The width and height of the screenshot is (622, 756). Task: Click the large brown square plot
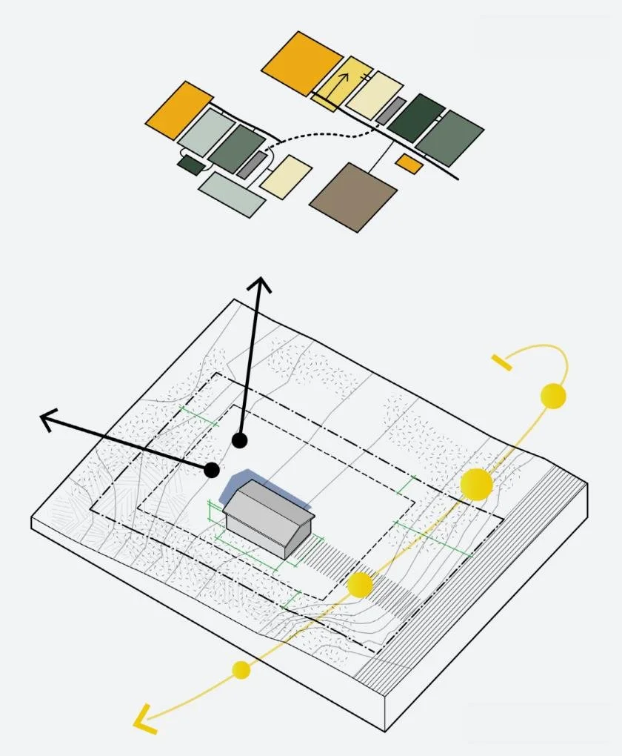(353, 197)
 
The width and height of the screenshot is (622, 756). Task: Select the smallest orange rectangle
(409, 164)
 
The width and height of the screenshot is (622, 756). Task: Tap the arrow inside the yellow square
(341, 83)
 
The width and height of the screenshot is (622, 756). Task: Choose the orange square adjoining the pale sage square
(179, 110)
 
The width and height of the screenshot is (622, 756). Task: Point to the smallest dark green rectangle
(190, 165)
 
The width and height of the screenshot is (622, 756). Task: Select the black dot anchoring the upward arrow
(239, 440)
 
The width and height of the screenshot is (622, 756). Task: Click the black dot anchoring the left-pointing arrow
(212, 469)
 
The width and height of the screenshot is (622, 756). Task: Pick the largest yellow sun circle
(476, 483)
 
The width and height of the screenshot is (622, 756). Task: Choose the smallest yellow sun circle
(241, 670)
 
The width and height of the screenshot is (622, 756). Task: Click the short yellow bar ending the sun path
(501, 362)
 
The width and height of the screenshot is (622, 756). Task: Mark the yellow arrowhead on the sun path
(143, 718)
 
